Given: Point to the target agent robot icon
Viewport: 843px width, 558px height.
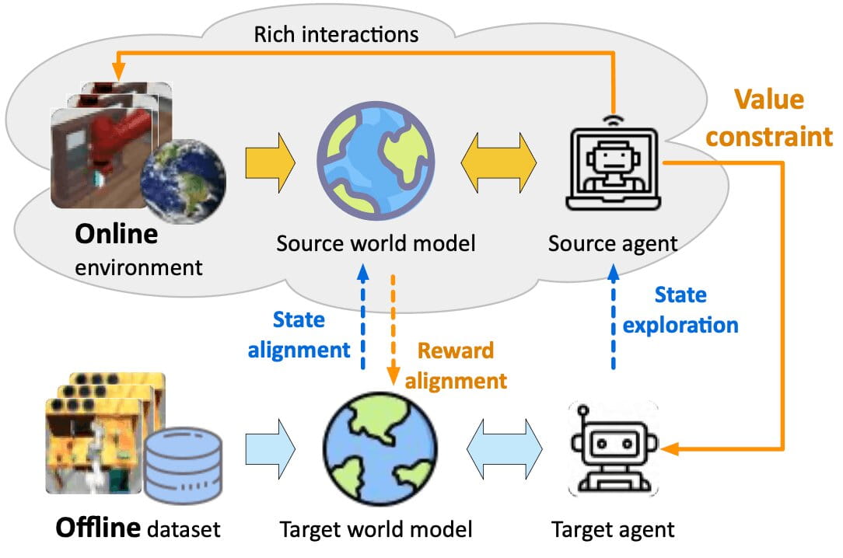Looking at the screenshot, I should (613, 448).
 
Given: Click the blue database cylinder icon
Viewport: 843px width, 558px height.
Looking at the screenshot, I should (184, 462).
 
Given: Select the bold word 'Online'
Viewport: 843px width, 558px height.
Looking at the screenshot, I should (116, 234).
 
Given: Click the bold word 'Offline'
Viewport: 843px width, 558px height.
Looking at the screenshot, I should (97, 529).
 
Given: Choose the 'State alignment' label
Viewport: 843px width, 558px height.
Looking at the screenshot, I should (299, 334).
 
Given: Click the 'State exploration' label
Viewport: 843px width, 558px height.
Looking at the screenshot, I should (680, 309).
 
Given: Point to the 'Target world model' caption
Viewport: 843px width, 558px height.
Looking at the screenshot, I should (376, 530).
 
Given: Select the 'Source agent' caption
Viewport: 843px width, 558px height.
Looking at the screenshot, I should (613, 243).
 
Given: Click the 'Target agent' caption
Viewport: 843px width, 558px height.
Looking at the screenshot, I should (613, 530).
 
